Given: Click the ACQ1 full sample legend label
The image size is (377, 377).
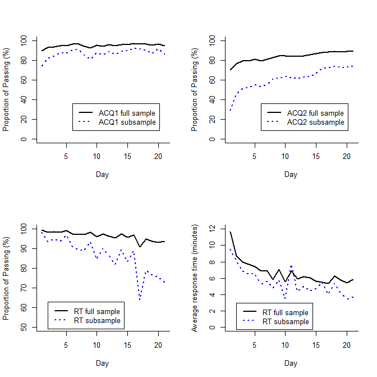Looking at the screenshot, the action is point(127,113).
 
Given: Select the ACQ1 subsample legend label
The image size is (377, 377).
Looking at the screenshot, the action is point(127,122).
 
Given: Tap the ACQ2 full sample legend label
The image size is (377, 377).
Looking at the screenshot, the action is point(315,113).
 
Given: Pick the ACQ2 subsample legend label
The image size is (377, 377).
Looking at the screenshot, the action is point(316,122).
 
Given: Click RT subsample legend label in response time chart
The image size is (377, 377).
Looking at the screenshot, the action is point(286,321).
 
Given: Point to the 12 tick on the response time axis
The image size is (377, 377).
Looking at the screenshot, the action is point(212,229).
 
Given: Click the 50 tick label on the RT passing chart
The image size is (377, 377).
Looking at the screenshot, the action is point(24,327).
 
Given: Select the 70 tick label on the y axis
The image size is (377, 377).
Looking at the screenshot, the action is point(24,288).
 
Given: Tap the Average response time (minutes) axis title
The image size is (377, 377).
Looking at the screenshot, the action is point(194,278).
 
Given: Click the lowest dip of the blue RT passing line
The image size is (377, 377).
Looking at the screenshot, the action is point(140,299).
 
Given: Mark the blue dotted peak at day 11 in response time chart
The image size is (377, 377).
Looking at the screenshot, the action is point(291,266).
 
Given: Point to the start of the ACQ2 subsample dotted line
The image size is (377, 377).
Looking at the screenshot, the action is point(231,110).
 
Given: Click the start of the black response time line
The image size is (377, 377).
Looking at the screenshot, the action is point(231,232).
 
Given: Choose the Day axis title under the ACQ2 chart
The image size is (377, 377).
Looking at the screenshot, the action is point(291,174).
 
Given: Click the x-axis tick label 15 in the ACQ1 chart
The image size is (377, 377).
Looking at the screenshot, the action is point(127,157).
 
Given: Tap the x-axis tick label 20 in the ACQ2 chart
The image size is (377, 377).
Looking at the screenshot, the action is point(347,157).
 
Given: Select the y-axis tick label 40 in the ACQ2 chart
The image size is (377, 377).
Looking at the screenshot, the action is point(212,99).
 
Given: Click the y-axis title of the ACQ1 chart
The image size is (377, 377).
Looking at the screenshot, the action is point(6,89).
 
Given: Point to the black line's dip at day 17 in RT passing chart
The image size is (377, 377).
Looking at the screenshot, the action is point(140,247).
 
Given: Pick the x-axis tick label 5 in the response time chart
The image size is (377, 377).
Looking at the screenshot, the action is point(255,345).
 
